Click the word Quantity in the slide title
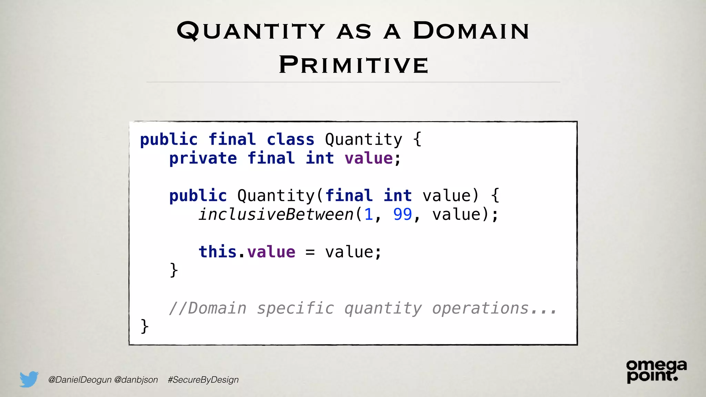tap(251, 31)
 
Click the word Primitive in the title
tap(353, 65)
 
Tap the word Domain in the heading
tap(471, 31)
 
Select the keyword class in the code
tap(290, 140)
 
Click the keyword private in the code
tap(203, 159)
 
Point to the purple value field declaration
tap(369, 159)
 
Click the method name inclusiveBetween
tap(276, 214)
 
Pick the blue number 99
tap(402, 214)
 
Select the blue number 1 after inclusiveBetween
tap(369, 214)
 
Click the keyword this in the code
tap(217, 252)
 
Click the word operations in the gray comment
tap(480, 308)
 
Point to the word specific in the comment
tap(295, 308)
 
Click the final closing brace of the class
tap(144, 326)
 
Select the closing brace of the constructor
tap(174, 270)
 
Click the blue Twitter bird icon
tap(29, 379)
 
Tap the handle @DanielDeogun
tap(80, 380)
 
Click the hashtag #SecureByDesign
tap(203, 380)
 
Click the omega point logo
tap(656, 371)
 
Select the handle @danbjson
tap(136, 380)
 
